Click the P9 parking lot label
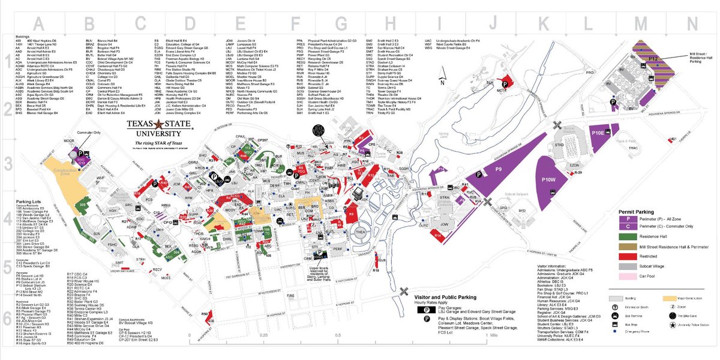(498, 170)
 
